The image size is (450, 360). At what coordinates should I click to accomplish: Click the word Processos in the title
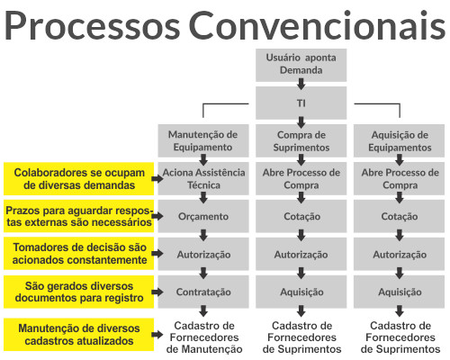[92, 25]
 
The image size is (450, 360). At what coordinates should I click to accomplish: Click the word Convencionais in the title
[317, 25]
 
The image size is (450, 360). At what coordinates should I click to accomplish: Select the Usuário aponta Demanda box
[301, 65]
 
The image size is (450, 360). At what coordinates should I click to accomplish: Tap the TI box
[301, 103]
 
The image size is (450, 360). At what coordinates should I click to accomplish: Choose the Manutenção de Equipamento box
[203, 140]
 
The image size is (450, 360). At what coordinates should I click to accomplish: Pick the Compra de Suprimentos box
[301, 140]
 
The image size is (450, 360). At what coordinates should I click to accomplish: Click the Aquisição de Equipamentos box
[399, 140]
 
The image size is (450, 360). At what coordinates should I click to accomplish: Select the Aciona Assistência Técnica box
[203, 178]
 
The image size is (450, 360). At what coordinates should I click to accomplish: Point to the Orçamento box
[203, 216]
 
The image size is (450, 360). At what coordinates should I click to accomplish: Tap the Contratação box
[203, 292]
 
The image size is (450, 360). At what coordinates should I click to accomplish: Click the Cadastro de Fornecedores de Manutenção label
[204, 337]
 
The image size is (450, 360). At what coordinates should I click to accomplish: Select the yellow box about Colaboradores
[78, 179]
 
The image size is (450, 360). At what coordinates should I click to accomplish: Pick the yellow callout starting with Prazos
[78, 216]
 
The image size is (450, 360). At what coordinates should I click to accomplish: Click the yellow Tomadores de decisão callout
[78, 254]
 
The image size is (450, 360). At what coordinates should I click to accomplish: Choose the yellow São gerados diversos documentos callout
[78, 292]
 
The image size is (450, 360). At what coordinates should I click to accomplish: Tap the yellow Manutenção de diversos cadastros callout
[78, 335]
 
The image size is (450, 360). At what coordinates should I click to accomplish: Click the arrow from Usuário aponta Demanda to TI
[301, 84]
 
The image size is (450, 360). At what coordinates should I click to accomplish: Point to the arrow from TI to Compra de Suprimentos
[301, 122]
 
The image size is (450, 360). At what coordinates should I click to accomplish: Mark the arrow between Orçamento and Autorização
[203, 235]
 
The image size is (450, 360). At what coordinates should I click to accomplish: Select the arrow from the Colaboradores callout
[157, 179]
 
